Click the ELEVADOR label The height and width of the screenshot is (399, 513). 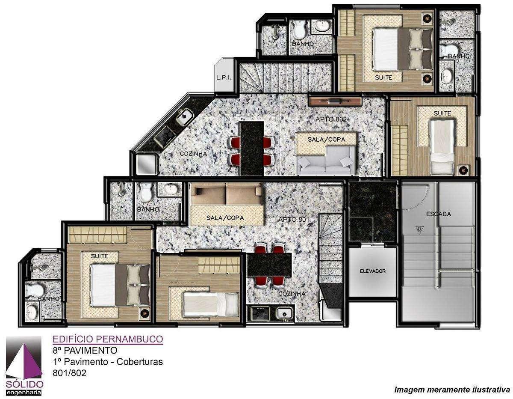click(372, 271)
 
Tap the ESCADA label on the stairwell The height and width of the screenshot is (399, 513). click(438, 214)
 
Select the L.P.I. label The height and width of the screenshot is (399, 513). click(224, 77)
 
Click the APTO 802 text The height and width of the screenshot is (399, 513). click(331, 119)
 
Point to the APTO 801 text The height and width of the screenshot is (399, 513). click(294, 219)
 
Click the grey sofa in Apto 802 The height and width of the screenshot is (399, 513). click(327, 161)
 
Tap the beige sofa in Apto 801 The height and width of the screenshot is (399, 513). click(227, 194)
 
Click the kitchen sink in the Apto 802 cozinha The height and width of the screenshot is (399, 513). click(185, 117)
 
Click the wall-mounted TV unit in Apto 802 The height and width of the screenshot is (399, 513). click(335, 101)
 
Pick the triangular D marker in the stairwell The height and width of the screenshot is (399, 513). click(419, 229)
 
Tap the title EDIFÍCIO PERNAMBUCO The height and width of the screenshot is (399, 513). click(108, 339)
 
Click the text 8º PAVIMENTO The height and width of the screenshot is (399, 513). click(85, 350)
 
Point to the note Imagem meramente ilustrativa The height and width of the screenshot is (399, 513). click(452, 390)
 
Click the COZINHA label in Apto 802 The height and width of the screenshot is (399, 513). click(193, 154)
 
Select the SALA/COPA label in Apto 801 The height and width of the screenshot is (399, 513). click(225, 218)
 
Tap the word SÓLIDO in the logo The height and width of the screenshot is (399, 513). click(24, 384)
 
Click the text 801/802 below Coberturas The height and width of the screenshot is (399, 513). click(69, 373)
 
